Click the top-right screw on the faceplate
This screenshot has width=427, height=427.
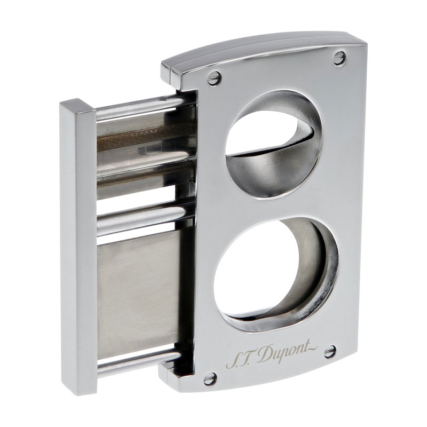coord(339,58)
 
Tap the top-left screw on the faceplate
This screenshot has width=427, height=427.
coord(214,78)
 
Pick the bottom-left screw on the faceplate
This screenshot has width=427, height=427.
coord(210,379)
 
